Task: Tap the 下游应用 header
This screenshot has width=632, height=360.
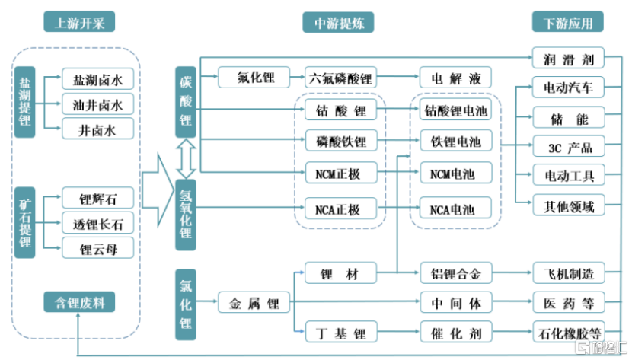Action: (568, 22)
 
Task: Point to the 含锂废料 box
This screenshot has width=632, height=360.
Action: (79, 302)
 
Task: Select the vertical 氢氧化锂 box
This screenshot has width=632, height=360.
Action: (186, 215)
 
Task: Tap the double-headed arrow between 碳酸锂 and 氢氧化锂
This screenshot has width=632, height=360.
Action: (186, 159)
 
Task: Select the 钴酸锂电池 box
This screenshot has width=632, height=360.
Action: (455, 111)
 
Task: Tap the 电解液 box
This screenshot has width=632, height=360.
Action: (455, 78)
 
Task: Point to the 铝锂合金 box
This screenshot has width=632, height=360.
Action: (455, 272)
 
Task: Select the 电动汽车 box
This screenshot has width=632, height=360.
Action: (569, 88)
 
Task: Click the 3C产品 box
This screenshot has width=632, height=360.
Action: (569, 147)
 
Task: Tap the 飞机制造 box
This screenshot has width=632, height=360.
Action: (569, 272)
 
